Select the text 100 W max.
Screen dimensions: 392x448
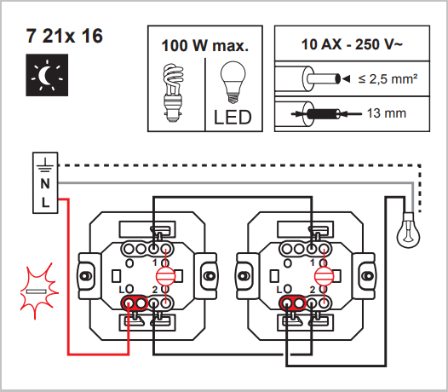coord(204,46)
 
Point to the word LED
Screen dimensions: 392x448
coord(233,117)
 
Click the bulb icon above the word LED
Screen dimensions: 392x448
coord(233,84)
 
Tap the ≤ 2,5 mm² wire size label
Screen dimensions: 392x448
coord(387,79)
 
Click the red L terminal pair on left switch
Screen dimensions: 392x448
coord(134,303)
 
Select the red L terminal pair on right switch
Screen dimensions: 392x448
coord(291,303)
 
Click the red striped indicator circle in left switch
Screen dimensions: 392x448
coord(166,275)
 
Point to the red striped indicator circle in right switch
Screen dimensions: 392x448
coord(322,275)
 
